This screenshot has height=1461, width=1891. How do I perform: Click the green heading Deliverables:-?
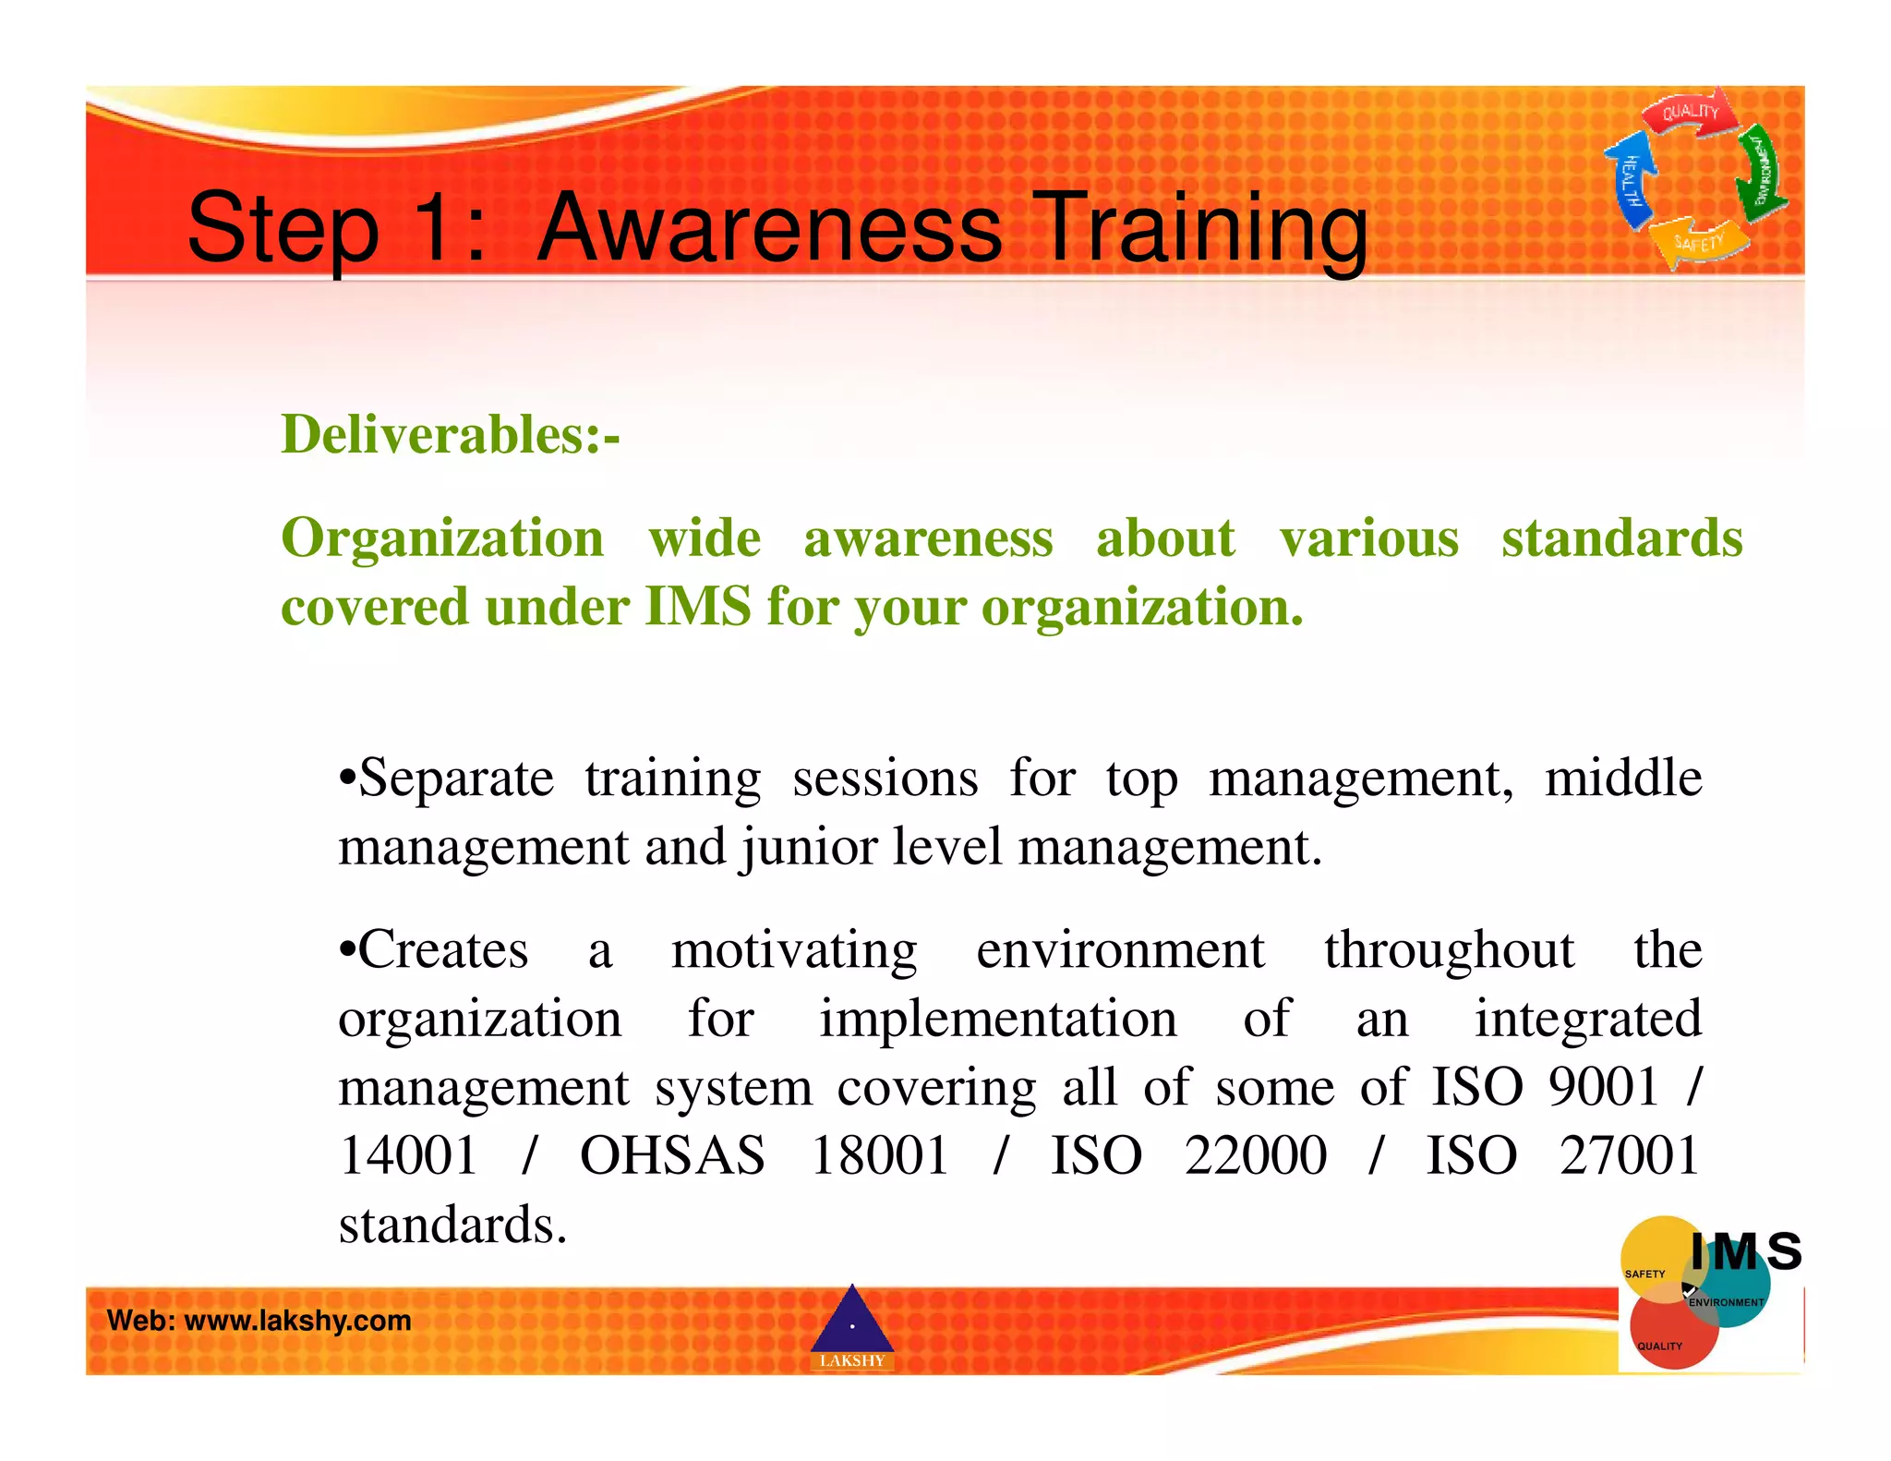tap(450, 434)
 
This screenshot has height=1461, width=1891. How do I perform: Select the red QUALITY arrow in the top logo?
tap(1690, 114)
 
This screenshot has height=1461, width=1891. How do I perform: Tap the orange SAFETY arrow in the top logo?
tap(1699, 242)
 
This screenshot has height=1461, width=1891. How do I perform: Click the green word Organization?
tap(441, 538)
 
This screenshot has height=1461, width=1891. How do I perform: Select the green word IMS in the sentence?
tap(697, 607)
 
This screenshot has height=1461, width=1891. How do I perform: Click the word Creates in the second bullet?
tap(442, 949)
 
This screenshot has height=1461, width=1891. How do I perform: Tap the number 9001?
tap(1604, 1086)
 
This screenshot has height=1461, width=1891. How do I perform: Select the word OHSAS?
tap(672, 1155)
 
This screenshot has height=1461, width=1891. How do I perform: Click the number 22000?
tap(1256, 1155)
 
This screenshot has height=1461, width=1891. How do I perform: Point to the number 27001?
tap(1630, 1155)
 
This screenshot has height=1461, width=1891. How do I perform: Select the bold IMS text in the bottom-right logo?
tap(1745, 1252)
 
